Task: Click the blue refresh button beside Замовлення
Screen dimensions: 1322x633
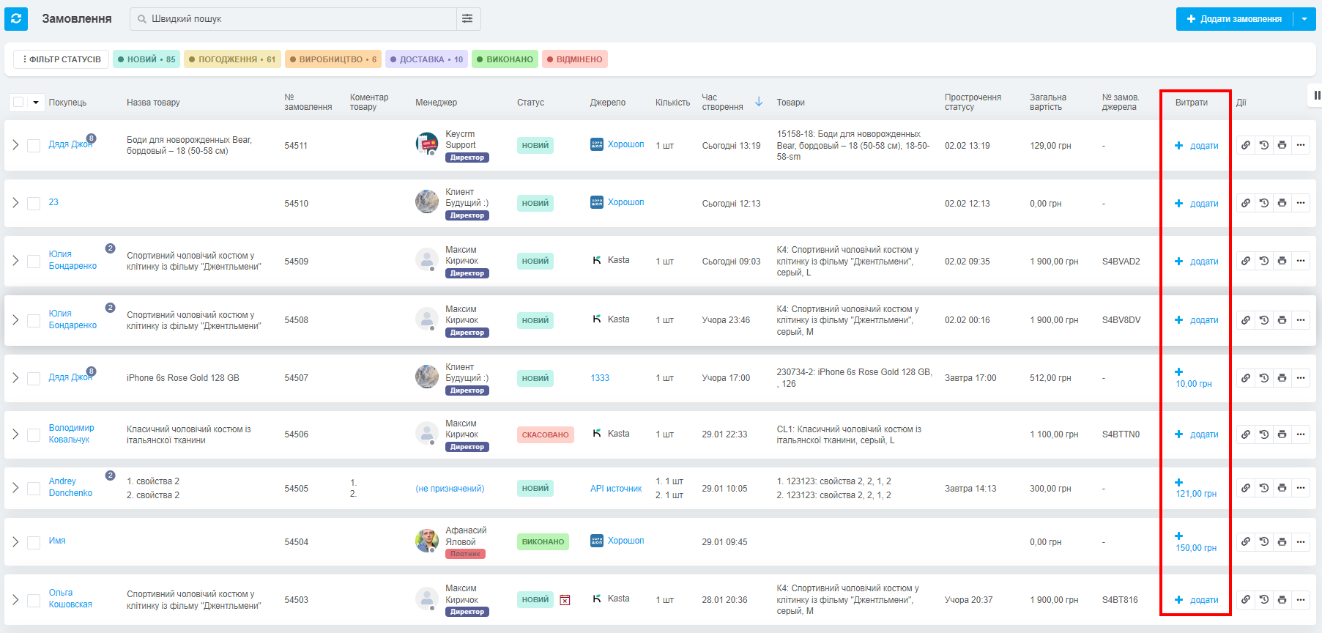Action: click(x=16, y=19)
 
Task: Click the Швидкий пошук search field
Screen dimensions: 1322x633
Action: click(x=293, y=19)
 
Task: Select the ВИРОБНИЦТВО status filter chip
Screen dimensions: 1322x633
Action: click(x=333, y=59)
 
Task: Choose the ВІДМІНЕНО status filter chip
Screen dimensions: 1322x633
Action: click(x=575, y=59)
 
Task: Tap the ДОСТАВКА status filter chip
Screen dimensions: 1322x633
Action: click(x=426, y=59)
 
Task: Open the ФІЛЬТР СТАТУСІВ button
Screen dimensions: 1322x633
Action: click(x=62, y=59)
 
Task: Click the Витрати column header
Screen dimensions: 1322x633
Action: click(x=1192, y=103)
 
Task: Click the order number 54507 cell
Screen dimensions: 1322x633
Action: click(x=296, y=378)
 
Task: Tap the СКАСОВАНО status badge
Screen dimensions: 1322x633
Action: click(x=546, y=434)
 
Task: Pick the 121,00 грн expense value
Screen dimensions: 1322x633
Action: click(x=1196, y=494)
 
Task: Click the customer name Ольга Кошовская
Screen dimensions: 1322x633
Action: click(x=70, y=599)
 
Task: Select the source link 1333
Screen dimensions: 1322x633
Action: click(x=600, y=378)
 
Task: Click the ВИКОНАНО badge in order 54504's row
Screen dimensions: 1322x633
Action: click(x=543, y=542)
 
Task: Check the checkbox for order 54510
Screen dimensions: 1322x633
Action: click(x=34, y=204)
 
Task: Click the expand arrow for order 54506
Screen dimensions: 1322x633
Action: click(x=15, y=434)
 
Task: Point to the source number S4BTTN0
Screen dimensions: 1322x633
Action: click(x=1121, y=434)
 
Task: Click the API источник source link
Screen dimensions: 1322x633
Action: click(x=616, y=489)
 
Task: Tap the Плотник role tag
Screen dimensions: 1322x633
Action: click(x=465, y=554)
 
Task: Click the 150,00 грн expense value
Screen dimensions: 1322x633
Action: click(x=1196, y=548)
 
